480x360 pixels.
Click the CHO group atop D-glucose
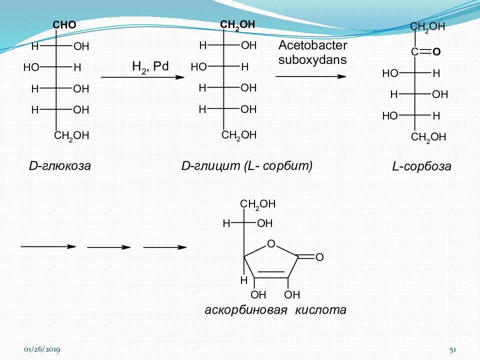pyautogui.click(x=64, y=25)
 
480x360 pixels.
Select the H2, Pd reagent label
pyautogui.click(x=150, y=66)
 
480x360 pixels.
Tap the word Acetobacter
pyautogui.click(x=313, y=45)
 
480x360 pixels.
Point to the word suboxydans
pyautogui.click(x=312, y=59)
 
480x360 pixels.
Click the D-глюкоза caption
pyautogui.click(x=60, y=165)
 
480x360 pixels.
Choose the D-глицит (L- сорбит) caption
pyautogui.click(x=247, y=166)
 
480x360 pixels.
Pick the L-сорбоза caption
pyautogui.click(x=422, y=166)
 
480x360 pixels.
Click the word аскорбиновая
pyautogui.click(x=246, y=310)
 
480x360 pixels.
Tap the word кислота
pyautogui.click(x=320, y=310)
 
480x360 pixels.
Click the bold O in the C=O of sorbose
pyautogui.click(x=436, y=51)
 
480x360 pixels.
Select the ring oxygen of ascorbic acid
pyautogui.click(x=271, y=243)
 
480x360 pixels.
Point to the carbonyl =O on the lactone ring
pyautogui.click(x=319, y=257)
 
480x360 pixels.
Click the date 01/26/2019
pyautogui.click(x=42, y=349)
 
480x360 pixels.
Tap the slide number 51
pyautogui.click(x=453, y=349)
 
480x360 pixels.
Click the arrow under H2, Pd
pyautogui.click(x=142, y=77)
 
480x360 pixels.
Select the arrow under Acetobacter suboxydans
pyautogui.click(x=310, y=76)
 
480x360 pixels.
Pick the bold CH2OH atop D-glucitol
pyautogui.click(x=237, y=25)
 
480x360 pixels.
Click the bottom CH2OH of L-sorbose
pyautogui.click(x=428, y=137)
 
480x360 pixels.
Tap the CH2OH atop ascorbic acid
pyautogui.click(x=258, y=204)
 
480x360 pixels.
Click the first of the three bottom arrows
pyautogui.click(x=48, y=246)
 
